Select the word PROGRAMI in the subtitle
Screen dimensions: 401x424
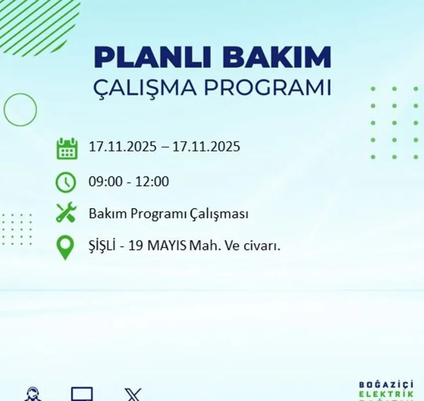coord(266,88)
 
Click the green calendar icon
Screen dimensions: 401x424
coord(67,149)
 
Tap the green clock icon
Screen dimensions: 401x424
coord(66,182)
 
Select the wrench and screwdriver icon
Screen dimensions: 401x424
coord(66,214)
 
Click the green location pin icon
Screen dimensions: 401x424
coord(65,247)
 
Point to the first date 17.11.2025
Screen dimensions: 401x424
coord(122,147)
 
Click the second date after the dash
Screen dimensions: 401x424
coord(206,147)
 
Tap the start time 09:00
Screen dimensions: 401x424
coord(105,182)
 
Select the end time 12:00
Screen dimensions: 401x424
coord(152,182)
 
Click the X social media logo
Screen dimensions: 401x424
coord(133,395)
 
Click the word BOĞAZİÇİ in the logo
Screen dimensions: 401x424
coord(386,385)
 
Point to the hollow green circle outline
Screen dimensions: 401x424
coord(20,110)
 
